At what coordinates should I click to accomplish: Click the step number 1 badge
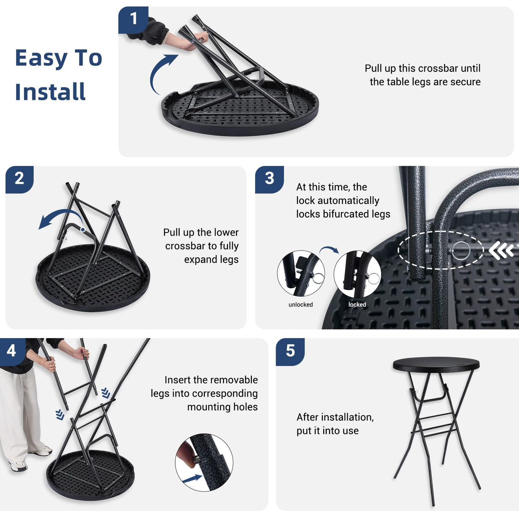coord(133,20)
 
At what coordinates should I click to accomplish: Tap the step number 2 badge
coord(19,180)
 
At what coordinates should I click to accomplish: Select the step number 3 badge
coord(269,180)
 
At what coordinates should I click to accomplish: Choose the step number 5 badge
coord(290,352)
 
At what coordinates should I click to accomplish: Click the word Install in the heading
coord(50,92)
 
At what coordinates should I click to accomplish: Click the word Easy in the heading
coord(41,59)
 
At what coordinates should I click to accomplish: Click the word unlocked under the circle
coord(301,305)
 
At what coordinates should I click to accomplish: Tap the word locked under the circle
coord(357,305)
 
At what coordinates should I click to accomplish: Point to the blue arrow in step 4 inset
coord(192,479)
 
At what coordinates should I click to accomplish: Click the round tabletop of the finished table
coord(436,364)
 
